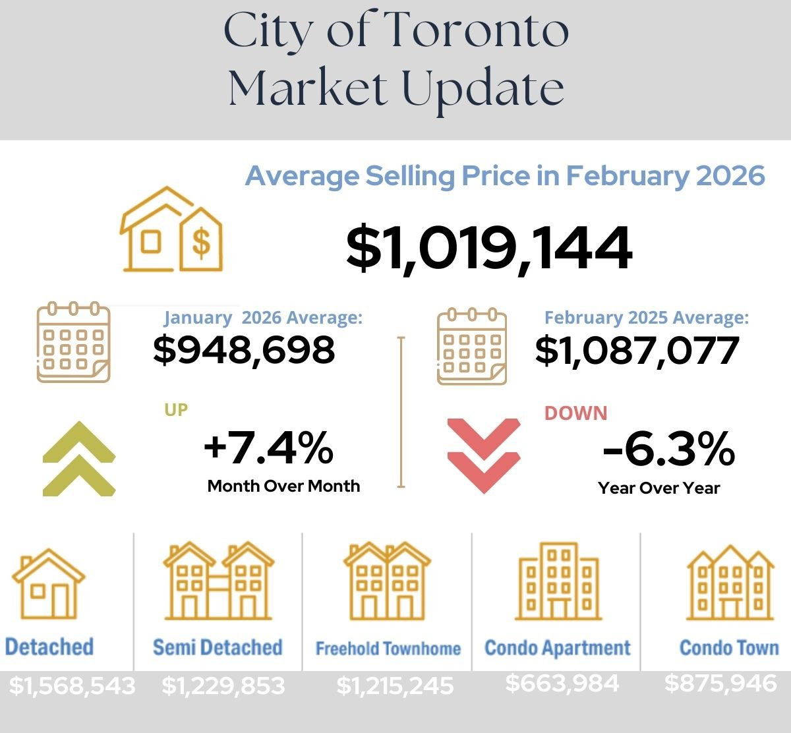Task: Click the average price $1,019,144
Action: coord(488,249)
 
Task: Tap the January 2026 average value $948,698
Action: coord(244,350)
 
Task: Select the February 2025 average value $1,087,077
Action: coord(636,350)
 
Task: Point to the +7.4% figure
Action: coord(268,448)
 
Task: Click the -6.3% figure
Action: coord(668,450)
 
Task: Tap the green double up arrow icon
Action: coord(79,458)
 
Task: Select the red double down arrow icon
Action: coord(483,455)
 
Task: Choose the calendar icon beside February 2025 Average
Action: coord(472,346)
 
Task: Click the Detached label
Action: coord(49,647)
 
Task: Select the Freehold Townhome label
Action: coord(388,649)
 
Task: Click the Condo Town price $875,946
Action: coord(720,683)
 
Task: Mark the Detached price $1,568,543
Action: coord(72,686)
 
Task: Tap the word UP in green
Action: coord(176,409)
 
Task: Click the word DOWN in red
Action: coord(575,413)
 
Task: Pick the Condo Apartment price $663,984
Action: coord(562,683)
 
